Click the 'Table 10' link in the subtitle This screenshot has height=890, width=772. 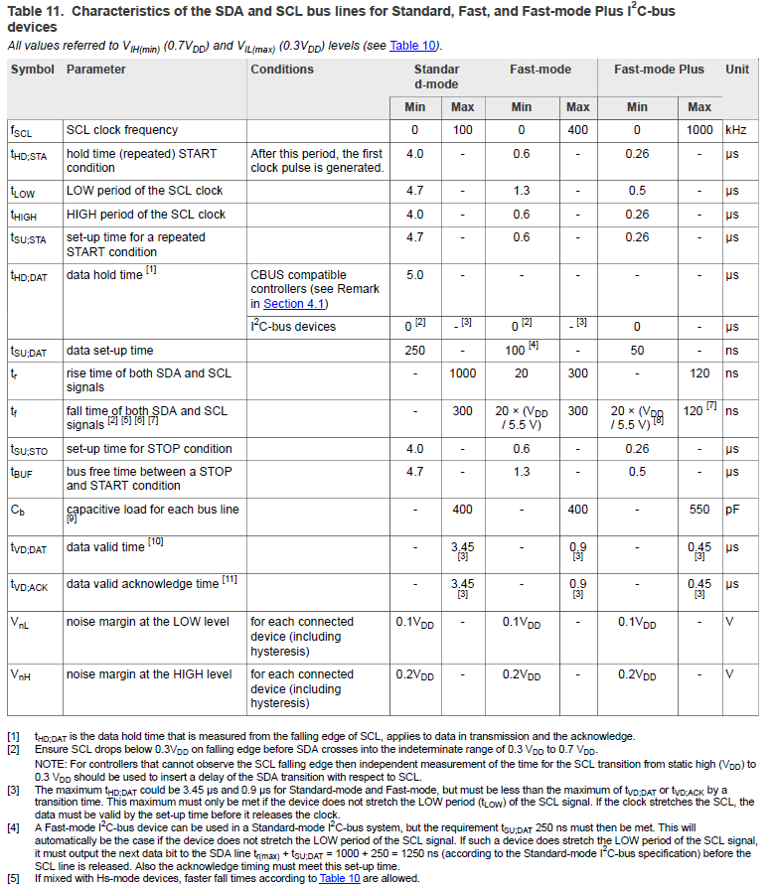pyautogui.click(x=414, y=46)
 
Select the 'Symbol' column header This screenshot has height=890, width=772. pyautogui.click(x=33, y=70)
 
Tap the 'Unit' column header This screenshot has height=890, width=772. pyautogui.click(x=737, y=70)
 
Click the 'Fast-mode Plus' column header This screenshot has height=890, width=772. pyautogui.click(x=659, y=70)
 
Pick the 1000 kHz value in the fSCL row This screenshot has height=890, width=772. pyautogui.click(x=699, y=130)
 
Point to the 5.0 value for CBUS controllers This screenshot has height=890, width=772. pyautogui.click(x=415, y=275)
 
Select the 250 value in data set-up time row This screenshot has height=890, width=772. pyautogui.click(x=415, y=351)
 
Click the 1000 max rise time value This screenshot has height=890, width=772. pyautogui.click(x=463, y=373)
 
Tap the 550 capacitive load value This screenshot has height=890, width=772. pyautogui.click(x=699, y=510)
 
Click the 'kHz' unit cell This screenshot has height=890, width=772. pyautogui.click(x=735, y=130)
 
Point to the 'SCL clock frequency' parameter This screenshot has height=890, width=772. pyautogui.click(x=122, y=130)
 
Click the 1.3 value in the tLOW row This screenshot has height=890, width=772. pyautogui.click(x=522, y=191)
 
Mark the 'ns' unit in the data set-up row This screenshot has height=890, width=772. pyautogui.click(x=732, y=351)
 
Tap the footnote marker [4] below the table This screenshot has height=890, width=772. pyautogui.click(x=13, y=827)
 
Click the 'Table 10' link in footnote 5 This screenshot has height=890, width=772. pyautogui.click(x=339, y=879)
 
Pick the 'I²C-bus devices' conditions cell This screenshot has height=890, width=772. pyautogui.click(x=293, y=327)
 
